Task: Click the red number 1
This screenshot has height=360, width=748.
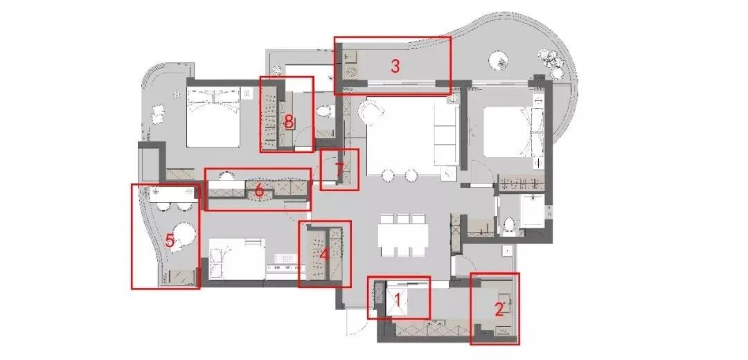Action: pos(398,300)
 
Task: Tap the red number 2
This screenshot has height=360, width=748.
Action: pos(499,310)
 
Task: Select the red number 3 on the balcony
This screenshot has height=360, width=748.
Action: pos(395,66)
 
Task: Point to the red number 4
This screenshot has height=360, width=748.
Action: pos(324,253)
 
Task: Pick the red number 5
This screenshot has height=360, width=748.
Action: pos(170,241)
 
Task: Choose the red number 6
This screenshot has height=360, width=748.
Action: pos(259,190)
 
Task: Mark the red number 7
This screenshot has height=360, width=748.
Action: pos(339,170)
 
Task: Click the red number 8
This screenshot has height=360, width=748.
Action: pos(289,122)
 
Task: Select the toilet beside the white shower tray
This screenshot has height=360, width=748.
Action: pos(509,224)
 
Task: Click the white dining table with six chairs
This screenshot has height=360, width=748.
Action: pos(402,236)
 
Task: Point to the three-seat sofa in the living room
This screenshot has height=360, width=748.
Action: pos(447,134)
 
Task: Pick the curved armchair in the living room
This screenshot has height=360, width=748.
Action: pos(373,113)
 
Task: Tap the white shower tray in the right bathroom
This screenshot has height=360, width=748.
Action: pos(533,210)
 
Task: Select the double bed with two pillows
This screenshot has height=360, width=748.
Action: pos(213,118)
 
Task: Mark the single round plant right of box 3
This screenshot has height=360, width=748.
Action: pos(498,60)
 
